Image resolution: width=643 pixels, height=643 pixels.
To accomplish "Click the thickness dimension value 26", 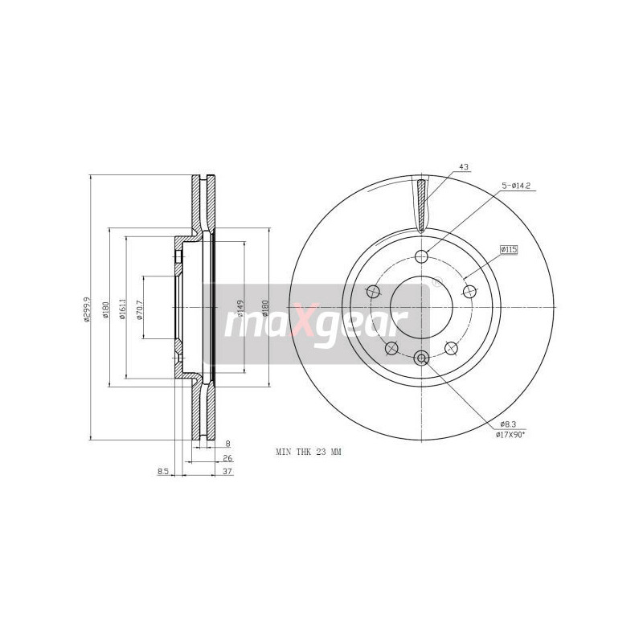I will [227, 458].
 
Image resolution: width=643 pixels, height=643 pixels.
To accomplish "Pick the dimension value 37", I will [227, 473].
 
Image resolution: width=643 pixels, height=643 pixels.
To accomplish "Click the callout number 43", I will [463, 167].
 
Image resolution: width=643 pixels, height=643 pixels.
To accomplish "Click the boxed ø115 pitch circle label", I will [508, 250].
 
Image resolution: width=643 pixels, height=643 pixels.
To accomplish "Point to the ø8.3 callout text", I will [507, 423].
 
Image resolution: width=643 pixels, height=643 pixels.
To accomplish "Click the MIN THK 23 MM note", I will [309, 453].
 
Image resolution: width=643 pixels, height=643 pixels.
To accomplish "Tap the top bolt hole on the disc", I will [421, 257].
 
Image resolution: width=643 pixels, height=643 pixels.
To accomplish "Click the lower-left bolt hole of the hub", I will [391, 348].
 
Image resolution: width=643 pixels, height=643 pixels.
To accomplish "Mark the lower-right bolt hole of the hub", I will [452, 348].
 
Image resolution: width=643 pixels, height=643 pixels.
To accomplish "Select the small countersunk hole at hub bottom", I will [421, 358].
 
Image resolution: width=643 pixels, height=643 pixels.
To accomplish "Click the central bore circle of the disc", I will [421, 306].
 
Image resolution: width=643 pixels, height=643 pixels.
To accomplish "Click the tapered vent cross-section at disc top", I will [421, 205].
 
